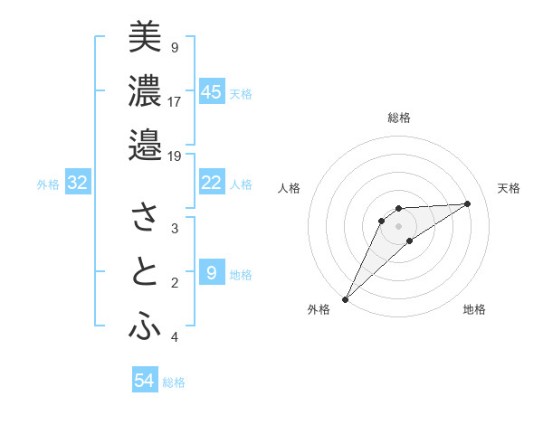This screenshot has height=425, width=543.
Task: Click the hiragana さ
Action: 145,217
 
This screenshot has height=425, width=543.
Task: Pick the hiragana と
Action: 145,272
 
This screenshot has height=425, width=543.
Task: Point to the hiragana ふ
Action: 145,327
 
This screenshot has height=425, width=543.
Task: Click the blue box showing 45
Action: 212,91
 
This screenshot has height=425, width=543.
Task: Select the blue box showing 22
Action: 212,183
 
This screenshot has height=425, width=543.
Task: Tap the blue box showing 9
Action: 212,273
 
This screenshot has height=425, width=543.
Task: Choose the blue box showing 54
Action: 145,381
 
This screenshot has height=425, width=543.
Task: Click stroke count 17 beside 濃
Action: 175,101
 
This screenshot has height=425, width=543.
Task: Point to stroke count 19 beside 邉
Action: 175,156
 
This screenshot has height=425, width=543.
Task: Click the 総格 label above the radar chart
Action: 398,118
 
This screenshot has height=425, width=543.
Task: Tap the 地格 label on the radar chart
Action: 474,309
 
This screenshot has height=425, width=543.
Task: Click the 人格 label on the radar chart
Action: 290,188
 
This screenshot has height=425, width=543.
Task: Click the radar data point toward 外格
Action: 345,298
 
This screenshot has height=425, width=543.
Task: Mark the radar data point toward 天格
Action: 468,203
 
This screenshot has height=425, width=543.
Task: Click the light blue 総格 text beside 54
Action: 175,382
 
